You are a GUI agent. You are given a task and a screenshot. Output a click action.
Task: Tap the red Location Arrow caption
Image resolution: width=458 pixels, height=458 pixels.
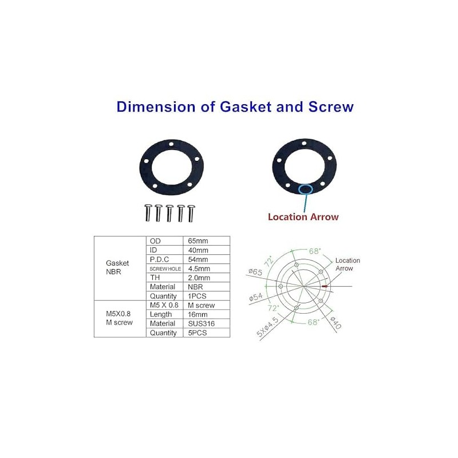click(303, 217)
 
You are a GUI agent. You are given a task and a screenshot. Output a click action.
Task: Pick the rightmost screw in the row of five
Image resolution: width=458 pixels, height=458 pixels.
click(191, 212)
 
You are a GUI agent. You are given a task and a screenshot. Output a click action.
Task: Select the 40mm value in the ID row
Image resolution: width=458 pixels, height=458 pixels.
click(198, 250)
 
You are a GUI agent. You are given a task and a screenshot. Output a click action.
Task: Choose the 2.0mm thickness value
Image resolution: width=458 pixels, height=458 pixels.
click(199, 278)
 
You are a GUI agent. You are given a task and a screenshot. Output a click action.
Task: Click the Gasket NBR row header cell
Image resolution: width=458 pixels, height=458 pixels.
click(117, 267)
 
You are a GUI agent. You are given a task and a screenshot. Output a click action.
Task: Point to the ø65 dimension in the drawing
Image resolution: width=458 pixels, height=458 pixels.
click(255, 272)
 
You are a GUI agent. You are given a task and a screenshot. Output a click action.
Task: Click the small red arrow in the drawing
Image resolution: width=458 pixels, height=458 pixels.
click(325, 286)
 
